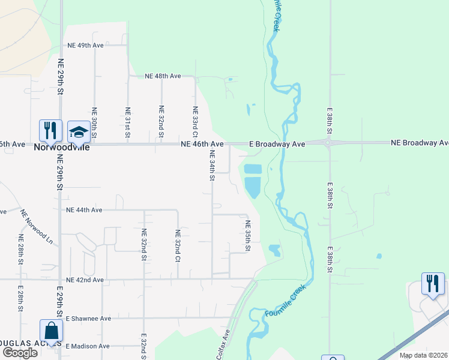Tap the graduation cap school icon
coord(79,131)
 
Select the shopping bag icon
coord(51,331)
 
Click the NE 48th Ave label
coord(163,76)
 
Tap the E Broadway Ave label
coord(277,144)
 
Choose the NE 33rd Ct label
coord(194,121)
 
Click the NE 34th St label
coord(212,166)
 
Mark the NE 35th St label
coord(247,235)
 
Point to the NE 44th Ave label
coord(85,210)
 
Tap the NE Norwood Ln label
coord(37,226)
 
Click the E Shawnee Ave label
coord(88,318)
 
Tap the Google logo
coord(20,352)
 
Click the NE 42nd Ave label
coord(85,280)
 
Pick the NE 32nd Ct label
coord(178,246)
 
